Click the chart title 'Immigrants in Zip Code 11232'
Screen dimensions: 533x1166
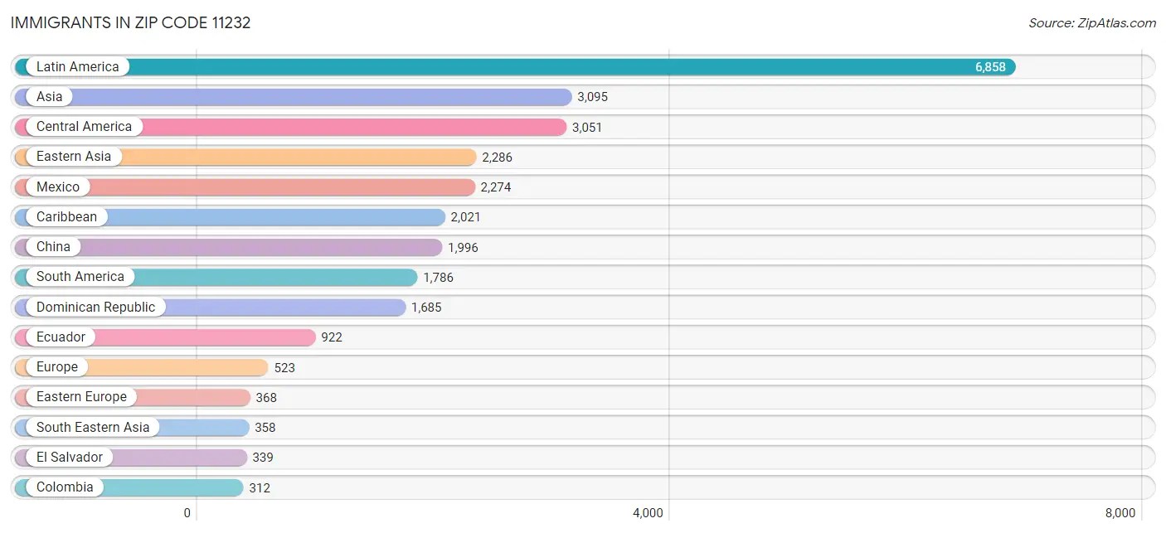click(x=130, y=23)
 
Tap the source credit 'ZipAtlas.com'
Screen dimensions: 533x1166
click(x=1092, y=23)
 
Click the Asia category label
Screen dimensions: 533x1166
click(x=50, y=97)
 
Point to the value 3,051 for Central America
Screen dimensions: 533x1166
click(x=587, y=128)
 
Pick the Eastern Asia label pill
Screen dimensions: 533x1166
click(x=74, y=157)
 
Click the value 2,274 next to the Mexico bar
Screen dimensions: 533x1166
click(x=496, y=187)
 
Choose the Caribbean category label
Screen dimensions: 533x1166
click(x=66, y=217)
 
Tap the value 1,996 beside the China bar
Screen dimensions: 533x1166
click(x=463, y=248)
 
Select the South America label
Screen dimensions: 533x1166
click(x=80, y=277)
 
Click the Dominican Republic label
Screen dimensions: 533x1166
click(x=95, y=308)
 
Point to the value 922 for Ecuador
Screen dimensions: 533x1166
click(x=332, y=337)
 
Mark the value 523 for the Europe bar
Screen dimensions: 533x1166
click(x=284, y=368)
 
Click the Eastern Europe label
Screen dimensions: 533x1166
click(x=81, y=397)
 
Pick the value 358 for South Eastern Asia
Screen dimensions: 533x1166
click(x=265, y=428)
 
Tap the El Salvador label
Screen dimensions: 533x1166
click(x=70, y=458)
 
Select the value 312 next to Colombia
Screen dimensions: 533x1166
click(x=260, y=488)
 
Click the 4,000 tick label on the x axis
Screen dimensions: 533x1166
click(x=648, y=513)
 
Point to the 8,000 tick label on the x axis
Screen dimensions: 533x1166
click(x=1120, y=513)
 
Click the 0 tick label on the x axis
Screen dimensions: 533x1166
click(x=187, y=513)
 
